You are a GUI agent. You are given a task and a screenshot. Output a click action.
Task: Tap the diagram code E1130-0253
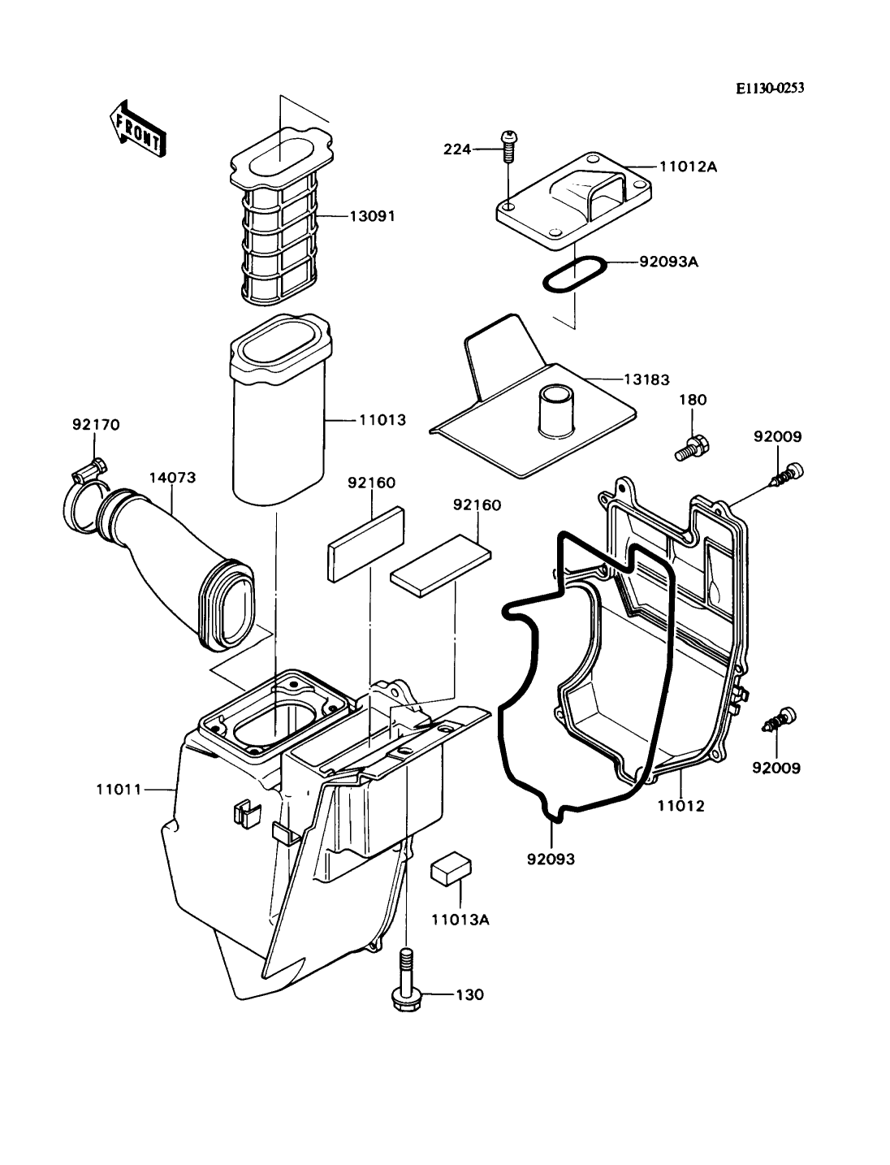770,89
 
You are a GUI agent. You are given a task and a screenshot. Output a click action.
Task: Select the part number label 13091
373,217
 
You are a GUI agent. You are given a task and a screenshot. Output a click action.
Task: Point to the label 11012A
689,167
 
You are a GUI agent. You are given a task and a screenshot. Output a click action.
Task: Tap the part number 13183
646,379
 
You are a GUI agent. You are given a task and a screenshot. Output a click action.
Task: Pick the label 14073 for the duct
172,477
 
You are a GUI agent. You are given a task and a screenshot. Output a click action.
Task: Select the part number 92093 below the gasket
551,859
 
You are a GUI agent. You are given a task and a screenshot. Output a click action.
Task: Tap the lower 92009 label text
776,768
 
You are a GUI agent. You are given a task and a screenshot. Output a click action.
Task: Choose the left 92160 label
371,483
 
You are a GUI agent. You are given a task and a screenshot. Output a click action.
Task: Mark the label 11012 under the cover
681,806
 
